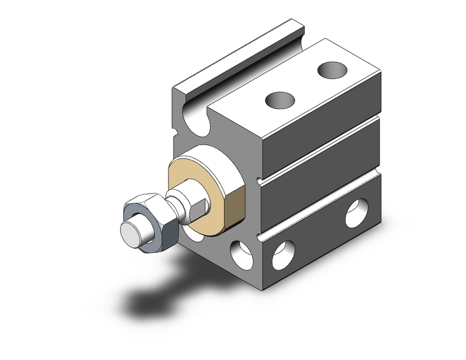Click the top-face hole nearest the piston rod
[281, 99]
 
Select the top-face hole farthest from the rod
[333, 70]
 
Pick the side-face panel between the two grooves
[322, 177]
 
